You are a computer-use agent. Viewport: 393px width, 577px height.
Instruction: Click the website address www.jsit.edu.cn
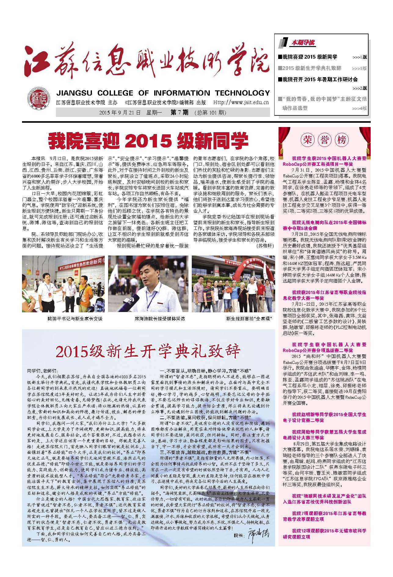[x=241, y=103]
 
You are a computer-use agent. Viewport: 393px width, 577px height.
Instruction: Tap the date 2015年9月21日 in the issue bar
[x=120, y=113]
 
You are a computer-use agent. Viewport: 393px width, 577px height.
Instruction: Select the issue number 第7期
[x=179, y=113]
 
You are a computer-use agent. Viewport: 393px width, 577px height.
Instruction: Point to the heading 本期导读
[x=303, y=43]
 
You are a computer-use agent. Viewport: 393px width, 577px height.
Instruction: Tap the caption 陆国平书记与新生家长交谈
[x=75, y=319]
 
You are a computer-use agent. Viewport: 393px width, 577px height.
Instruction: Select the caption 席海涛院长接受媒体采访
[x=160, y=319]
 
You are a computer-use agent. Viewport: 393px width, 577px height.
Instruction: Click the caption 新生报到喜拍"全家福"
[x=249, y=319]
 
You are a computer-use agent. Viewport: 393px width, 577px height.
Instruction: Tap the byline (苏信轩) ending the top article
[x=265, y=245]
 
